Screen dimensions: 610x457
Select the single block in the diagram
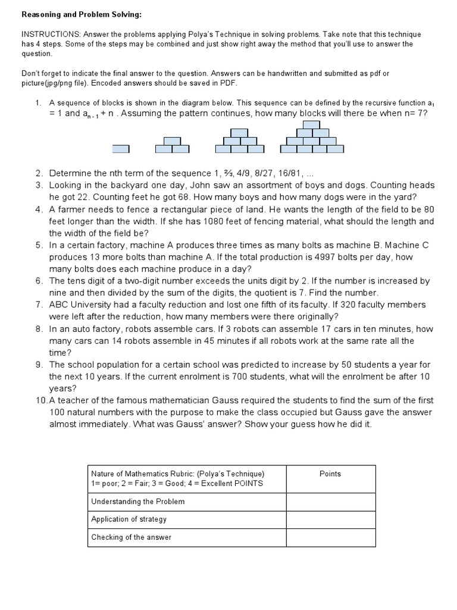click(121, 148)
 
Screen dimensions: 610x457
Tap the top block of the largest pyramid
click(308, 125)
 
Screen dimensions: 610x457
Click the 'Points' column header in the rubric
click(330, 474)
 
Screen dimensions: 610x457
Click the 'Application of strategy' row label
click(129, 519)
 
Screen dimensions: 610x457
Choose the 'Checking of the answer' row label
click(131, 537)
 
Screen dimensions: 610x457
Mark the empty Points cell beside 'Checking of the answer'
click(330, 537)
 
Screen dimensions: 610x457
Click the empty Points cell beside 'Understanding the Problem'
click(330, 502)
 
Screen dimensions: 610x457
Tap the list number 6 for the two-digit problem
click(39, 281)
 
